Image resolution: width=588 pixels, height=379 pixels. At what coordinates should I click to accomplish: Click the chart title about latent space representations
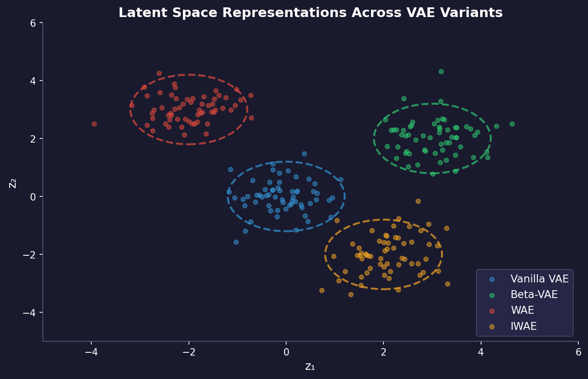[310, 13]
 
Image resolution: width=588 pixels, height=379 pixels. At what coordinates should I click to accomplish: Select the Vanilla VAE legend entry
[539, 279]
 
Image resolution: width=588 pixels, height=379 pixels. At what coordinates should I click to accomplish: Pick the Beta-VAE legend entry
[534, 295]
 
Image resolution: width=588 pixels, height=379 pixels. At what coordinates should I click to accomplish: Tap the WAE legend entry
[522, 310]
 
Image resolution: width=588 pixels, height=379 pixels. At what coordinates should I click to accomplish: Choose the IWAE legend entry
[523, 327]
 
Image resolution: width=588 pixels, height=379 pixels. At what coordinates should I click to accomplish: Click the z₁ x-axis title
[310, 367]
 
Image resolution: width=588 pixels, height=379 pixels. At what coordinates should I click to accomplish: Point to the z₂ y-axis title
[13, 182]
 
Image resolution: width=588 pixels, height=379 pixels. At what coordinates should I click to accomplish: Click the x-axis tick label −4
[91, 353]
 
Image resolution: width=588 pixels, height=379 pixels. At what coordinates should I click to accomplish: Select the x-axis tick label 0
[286, 353]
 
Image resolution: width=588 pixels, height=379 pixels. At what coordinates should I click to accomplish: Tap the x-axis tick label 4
[481, 353]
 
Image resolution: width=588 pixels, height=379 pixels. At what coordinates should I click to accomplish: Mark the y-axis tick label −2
[30, 254]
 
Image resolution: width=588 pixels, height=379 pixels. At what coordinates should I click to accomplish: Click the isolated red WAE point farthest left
[94, 124]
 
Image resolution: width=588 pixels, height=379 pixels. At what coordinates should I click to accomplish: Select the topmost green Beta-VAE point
[441, 71]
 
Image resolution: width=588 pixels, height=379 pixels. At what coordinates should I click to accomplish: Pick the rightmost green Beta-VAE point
[512, 124]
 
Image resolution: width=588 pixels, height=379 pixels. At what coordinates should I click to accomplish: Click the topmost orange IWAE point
[418, 201]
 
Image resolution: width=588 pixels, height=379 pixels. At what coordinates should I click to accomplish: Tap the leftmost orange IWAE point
[322, 290]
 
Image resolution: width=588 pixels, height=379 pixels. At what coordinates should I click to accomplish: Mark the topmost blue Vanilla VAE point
[304, 154]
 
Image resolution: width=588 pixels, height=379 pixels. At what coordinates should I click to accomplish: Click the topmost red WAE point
[159, 73]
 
